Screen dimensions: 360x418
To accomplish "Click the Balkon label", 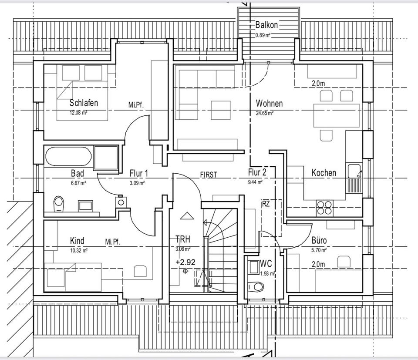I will (266, 25).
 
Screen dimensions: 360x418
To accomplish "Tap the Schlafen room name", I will (84, 103).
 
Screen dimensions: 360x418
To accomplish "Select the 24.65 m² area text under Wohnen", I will (264, 113).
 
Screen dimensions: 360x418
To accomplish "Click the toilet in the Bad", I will (58, 203).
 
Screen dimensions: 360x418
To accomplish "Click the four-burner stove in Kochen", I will (324, 207).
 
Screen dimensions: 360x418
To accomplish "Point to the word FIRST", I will (209, 175).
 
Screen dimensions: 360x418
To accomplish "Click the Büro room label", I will (319, 240).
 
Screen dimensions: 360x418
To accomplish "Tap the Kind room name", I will (77, 241).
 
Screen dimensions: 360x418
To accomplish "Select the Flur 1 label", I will (139, 173).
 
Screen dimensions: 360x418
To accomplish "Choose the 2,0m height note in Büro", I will (318, 264).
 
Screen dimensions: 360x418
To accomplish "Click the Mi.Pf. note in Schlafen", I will (136, 105).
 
